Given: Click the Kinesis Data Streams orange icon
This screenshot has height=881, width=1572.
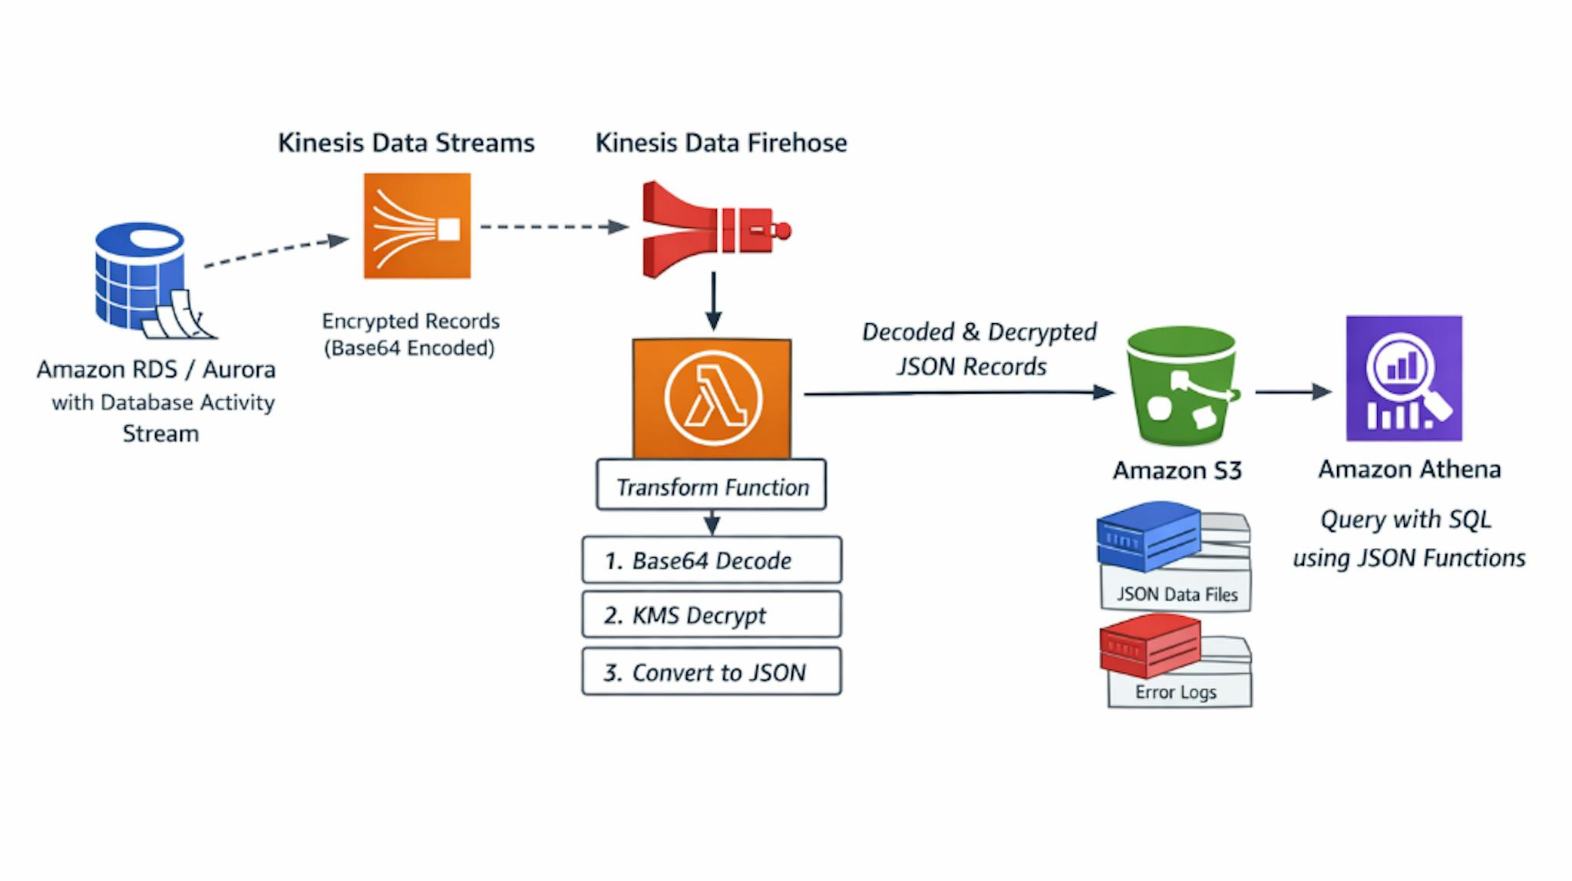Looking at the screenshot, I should click(417, 226).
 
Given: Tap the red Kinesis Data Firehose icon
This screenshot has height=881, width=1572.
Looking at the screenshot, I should click(714, 229).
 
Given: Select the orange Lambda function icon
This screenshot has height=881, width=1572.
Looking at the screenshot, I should click(712, 398).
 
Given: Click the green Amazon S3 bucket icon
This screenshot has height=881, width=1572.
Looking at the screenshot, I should click(1181, 386).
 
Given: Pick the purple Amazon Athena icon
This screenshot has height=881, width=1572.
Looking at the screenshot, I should click(1403, 378).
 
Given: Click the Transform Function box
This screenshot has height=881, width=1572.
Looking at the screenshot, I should click(712, 487).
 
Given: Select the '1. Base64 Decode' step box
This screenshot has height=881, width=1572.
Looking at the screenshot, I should click(712, 560).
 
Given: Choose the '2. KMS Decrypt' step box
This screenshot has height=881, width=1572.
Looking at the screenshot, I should click(712, 615).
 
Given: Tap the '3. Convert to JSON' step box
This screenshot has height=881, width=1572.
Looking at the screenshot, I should click(712, 672).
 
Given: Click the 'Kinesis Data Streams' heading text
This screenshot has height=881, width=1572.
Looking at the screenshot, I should click(406, 143).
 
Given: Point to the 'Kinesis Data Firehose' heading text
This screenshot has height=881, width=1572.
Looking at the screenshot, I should click(721, 143).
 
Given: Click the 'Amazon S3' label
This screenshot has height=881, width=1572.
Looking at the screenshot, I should click(1177, 470).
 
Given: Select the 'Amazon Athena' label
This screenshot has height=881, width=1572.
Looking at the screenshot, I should click(1409, 469).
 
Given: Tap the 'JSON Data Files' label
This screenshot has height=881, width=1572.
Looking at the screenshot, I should click(1177, 595).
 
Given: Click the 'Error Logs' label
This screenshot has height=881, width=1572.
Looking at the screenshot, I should click(1176, 692).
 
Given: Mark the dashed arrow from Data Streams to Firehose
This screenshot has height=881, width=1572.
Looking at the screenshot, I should click(553, 227).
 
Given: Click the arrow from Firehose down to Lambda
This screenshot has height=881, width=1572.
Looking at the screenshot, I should click(714, 301).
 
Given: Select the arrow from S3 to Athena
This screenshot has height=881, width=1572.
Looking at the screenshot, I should click(1293, 392).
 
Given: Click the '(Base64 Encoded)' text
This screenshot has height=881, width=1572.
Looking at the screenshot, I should click(409, 348).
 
